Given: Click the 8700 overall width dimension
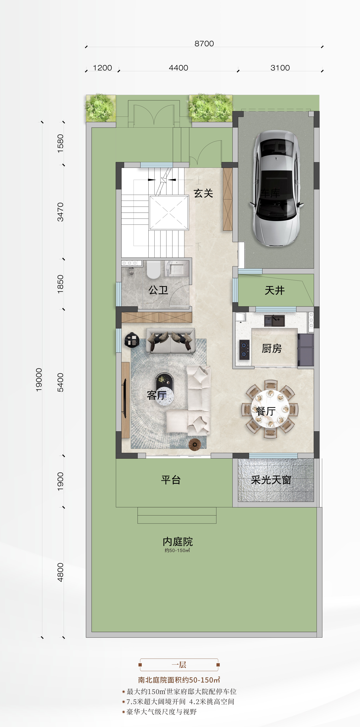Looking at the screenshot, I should click(x=204, y=43).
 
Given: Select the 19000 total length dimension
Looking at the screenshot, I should click(x=39, y=380).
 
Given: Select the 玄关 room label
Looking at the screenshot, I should click(x=203, y=193).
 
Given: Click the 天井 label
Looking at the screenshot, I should click(x=274, y=290).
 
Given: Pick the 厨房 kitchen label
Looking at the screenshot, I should click(x=272, y=349).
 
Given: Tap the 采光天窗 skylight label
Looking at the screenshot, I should click(x=271, y=480).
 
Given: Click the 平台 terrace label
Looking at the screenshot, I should click(x=171, y=480).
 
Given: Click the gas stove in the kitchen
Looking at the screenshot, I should click(x=244, y=349).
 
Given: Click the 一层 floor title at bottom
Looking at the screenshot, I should click(x=179, y=665).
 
